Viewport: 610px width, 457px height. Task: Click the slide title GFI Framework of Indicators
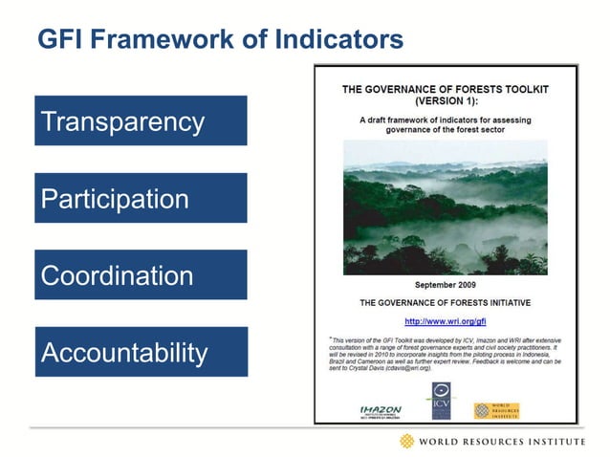point(219,40)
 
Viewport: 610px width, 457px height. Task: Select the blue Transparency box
point(141,121)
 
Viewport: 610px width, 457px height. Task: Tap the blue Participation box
point(141,199)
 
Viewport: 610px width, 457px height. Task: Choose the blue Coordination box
point(141,275)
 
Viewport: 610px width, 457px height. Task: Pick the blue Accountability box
point(141,353)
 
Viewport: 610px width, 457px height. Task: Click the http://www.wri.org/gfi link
point(446,321)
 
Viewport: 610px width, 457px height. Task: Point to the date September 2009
point(446,285)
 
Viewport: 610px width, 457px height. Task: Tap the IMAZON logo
point(374,410)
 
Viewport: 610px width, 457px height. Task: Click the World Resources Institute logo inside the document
point(497,410)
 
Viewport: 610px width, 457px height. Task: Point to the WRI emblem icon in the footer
point(408,441)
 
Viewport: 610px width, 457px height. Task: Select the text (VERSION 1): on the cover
point(446,99)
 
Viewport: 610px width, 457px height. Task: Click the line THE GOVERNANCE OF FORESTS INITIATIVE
point(446,303)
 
